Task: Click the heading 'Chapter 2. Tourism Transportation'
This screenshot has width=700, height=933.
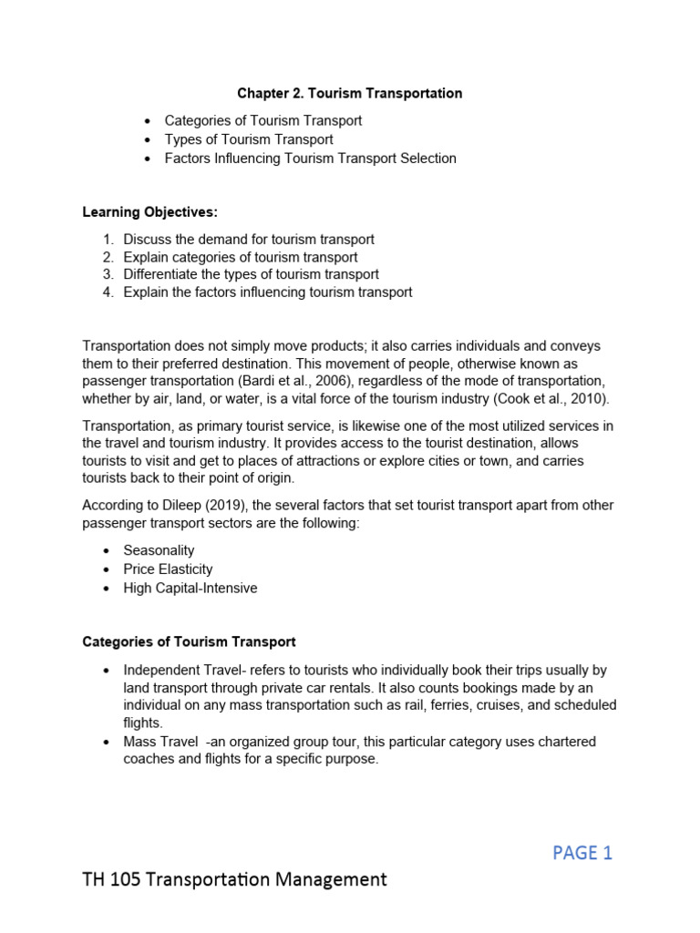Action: (349, 93)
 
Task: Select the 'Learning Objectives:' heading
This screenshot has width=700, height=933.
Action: (150, 212)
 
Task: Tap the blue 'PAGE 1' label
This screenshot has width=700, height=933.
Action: (582, 853)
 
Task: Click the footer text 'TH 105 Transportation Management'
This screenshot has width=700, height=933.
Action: (234, 879)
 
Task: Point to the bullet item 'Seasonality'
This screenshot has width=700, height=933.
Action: (159, 550)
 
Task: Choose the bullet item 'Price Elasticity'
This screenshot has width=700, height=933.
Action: (168, 569)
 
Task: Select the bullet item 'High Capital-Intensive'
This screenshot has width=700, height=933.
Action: (190, 588)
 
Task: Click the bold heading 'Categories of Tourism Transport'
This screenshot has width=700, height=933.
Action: (189, 642)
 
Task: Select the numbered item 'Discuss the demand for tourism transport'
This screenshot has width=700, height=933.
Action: (249, 239)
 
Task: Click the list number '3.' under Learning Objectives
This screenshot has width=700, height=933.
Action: (108, 274)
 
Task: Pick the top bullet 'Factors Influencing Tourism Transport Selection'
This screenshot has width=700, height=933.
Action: (310, 158)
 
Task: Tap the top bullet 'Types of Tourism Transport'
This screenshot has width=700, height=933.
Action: (249, 139)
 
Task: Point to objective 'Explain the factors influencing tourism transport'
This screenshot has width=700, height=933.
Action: (268, 292)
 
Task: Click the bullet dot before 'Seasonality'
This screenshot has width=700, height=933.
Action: (107, 551)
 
